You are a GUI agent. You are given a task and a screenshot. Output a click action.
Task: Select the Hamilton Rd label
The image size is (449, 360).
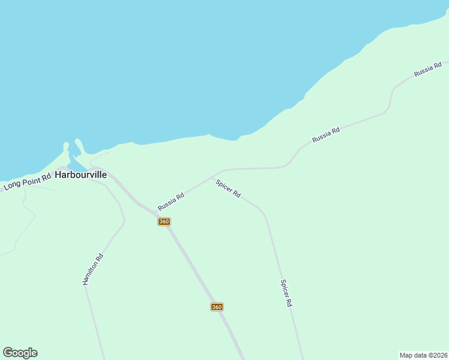point(93,269)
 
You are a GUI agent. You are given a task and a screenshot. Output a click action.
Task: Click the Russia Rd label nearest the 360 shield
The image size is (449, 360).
point(171,201)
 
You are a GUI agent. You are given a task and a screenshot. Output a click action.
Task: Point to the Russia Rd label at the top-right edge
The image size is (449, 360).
point(428,69)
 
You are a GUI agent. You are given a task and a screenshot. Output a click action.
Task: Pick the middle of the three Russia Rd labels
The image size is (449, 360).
point(326,134)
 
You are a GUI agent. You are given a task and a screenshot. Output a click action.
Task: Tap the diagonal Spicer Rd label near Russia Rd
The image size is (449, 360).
point(228,188)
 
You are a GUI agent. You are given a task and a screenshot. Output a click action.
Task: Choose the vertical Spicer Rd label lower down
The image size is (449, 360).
point(286,293)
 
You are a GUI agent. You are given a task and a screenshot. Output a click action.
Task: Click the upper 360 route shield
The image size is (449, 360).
point(164,221)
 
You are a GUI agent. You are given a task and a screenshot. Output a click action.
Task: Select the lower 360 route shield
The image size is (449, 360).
point(217,307)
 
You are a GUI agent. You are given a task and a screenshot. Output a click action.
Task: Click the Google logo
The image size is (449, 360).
point(20,353)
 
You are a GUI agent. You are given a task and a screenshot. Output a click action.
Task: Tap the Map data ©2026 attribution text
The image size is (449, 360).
point(424,355)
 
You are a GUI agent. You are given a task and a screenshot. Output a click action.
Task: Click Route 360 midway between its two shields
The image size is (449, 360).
point(190,264)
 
